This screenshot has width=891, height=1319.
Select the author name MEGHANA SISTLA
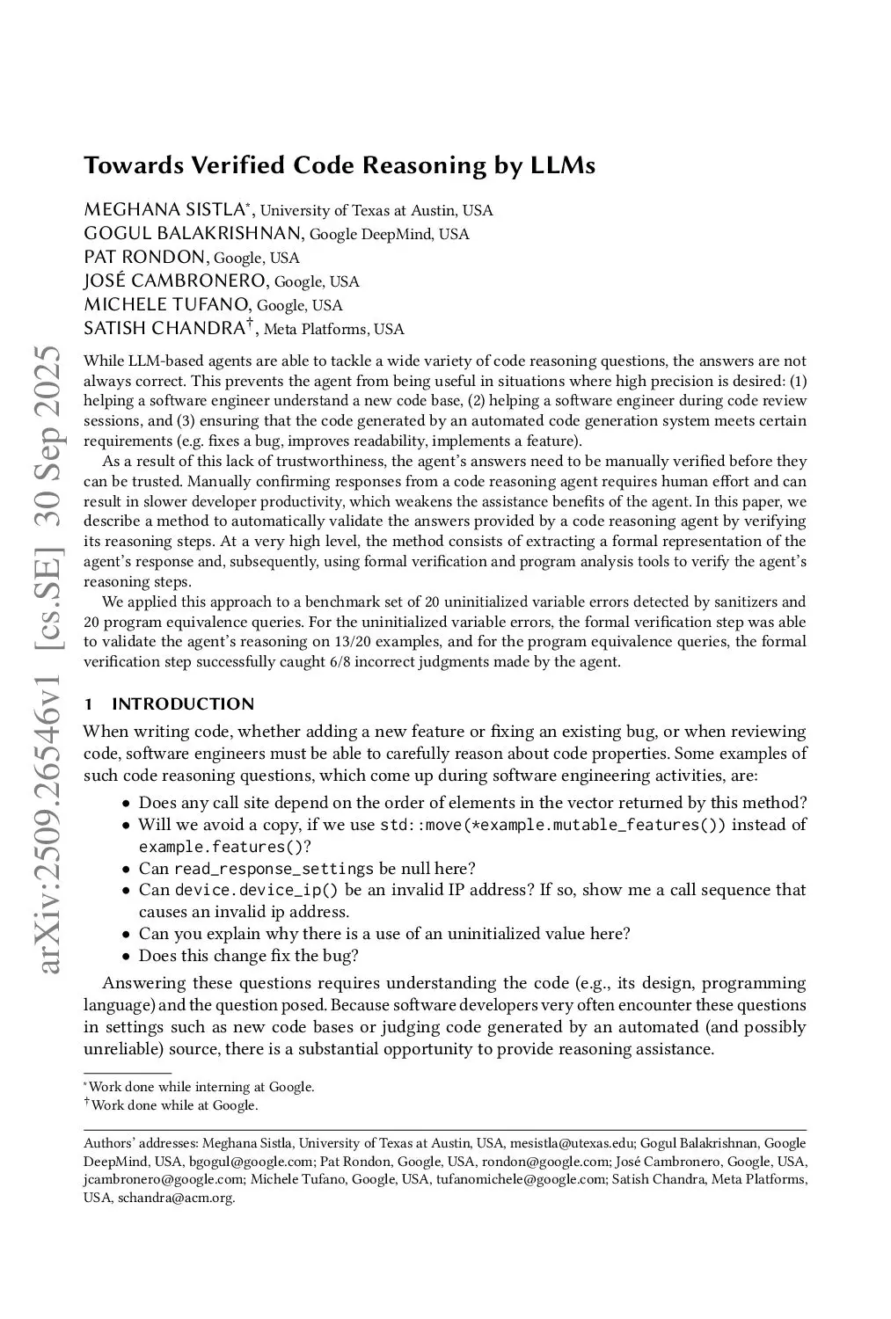164,209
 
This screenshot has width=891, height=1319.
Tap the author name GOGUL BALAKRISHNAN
194,233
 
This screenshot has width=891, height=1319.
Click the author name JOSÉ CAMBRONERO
174,281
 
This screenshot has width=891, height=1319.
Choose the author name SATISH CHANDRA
164,328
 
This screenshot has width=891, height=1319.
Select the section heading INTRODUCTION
183,703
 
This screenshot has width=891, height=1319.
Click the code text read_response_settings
274,869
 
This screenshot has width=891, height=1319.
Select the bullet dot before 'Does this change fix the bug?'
127,956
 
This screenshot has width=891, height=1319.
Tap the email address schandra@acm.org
176,1198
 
